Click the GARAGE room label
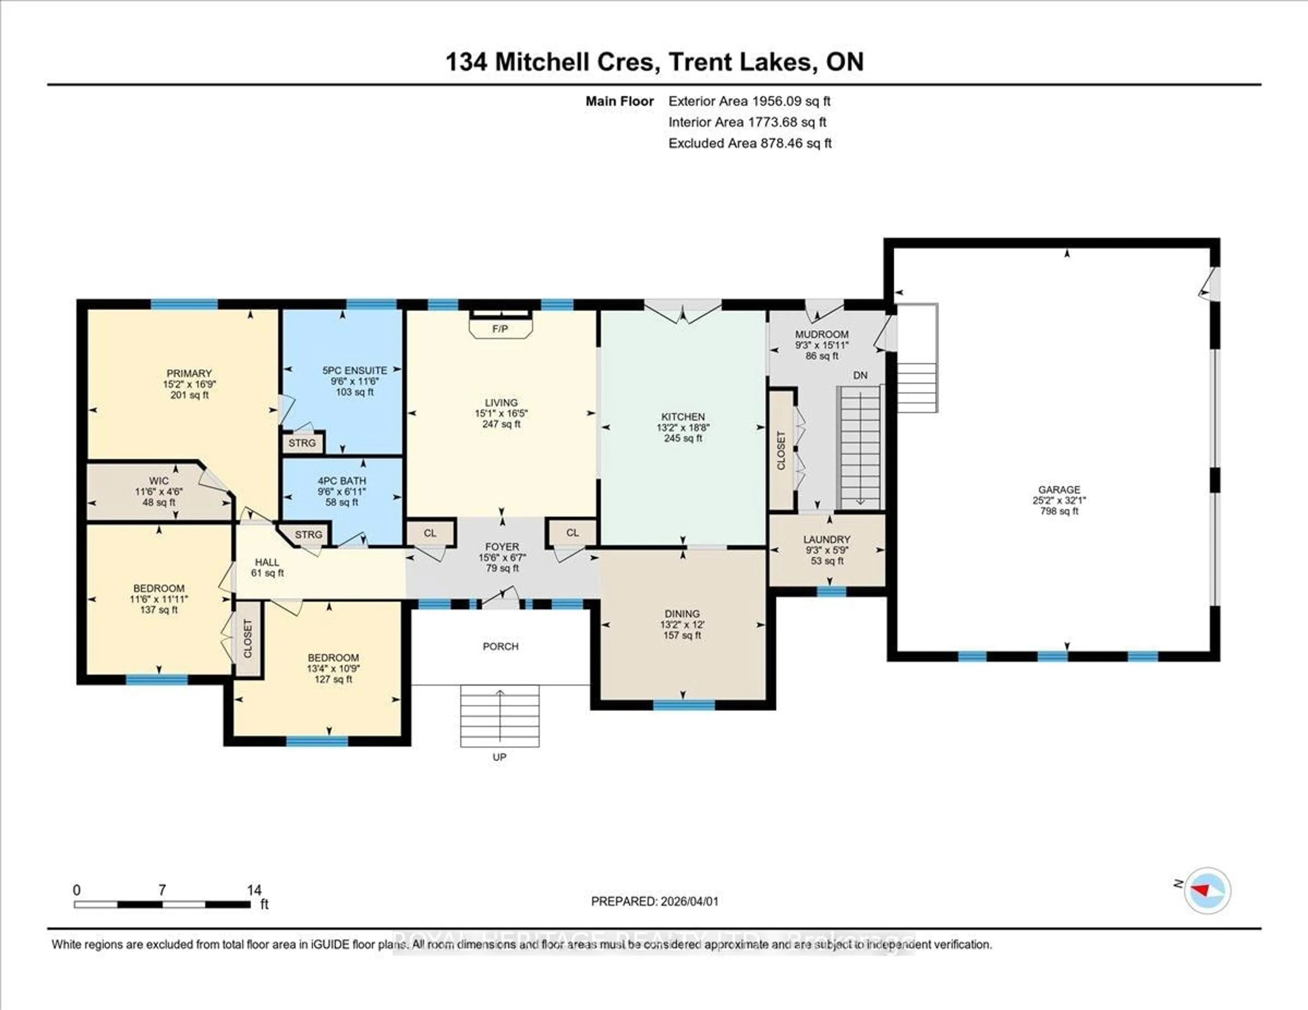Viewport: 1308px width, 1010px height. (1059, 490)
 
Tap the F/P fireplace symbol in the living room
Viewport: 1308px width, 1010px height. (500, 329)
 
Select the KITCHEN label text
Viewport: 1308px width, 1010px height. (683, 417)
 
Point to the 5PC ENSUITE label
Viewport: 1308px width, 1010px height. (355, 370)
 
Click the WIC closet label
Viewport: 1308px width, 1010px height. (159, 481)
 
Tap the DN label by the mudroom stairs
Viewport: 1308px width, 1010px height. (860, 375)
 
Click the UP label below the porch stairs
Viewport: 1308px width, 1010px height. (499, 757)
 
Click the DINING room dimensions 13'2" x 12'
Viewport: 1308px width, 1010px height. (682, 625)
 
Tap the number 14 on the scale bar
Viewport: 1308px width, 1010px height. (254, 890)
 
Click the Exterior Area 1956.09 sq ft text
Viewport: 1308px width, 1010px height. (749, 101)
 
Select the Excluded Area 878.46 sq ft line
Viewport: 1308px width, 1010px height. (750, 143)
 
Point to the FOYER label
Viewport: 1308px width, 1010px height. (502, 547)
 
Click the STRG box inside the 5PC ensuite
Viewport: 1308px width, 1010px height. (302, 443)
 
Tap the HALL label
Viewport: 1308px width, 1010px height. (267, 562)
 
